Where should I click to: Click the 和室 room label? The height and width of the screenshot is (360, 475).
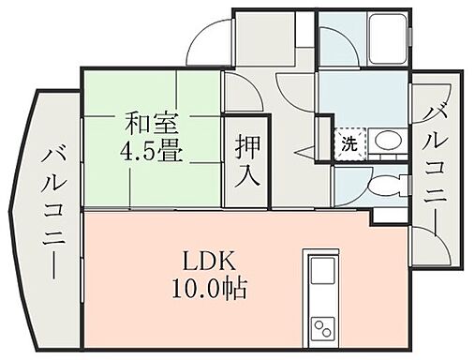(150, 124)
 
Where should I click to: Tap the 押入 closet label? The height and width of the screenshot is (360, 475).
(246, 160)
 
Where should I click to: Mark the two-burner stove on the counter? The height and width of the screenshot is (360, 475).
(322, 329)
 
